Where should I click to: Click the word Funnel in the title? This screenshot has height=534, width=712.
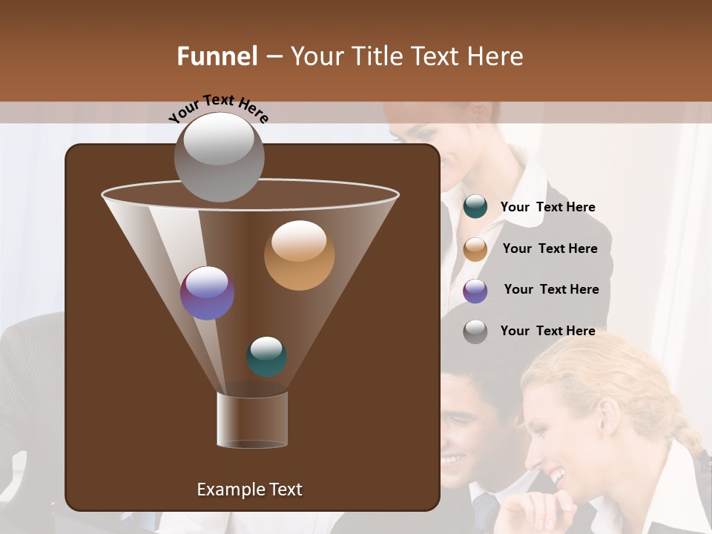coord(217,56)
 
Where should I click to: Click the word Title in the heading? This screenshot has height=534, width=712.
coord(377,56)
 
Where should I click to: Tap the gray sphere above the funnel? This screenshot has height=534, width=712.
coord(219,156)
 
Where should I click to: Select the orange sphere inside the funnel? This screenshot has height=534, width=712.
coord(299,255)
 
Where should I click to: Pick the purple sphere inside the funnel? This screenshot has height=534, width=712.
coord(207,293)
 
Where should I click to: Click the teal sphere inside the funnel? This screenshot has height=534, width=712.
coord(266,357)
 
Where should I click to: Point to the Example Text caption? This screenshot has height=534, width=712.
coord(249,489)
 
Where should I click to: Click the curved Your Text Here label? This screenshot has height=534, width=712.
coord(219,108)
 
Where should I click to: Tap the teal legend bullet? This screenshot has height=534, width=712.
coord(475,207)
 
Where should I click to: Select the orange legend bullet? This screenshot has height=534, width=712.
coord(475,249)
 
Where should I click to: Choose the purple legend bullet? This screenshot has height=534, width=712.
coord(475,291)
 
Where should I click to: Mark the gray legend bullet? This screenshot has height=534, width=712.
coord(475,332)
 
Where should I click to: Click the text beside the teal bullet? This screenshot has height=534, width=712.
coord(547,207)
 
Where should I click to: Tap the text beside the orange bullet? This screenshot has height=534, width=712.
coord(550,248)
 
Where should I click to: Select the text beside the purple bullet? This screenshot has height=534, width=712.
coord(551,289)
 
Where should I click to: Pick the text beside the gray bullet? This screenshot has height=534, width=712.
coord(547,331)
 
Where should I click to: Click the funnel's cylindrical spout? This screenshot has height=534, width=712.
coord(252,419)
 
